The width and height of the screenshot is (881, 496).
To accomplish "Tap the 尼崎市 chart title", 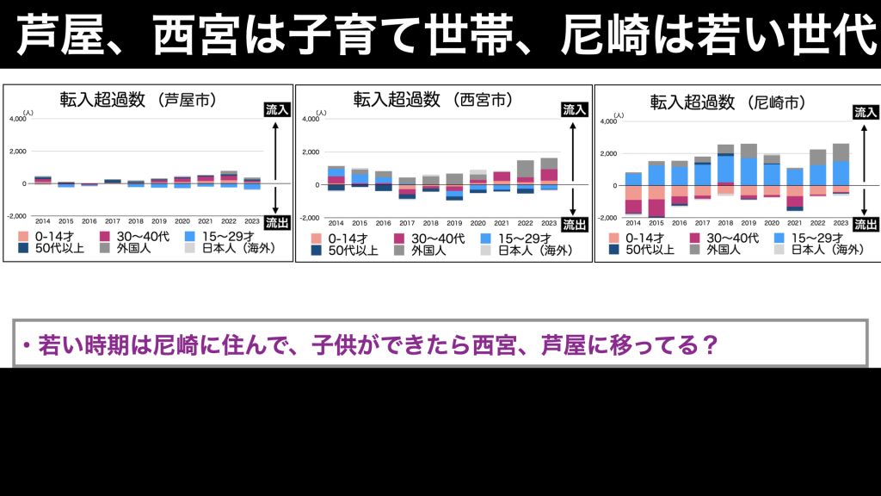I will point(727,102).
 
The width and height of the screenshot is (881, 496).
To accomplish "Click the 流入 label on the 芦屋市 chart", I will point(276,110).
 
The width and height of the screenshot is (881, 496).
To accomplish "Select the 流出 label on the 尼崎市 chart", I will point(865,226).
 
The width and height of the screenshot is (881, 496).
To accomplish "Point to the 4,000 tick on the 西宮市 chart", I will point(311,120).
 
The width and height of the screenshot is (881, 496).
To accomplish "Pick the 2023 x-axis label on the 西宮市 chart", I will point(548,223).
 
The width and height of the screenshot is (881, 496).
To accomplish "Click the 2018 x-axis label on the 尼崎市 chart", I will point(725,223).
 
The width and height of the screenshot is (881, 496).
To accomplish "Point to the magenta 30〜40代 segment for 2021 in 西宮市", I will point(502,177).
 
